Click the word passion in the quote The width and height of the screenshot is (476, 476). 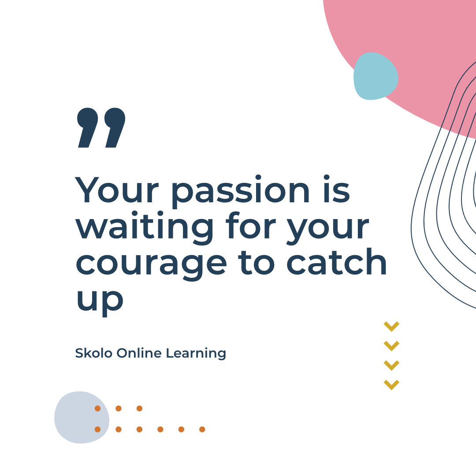pyautogui.click(x=240, y=190)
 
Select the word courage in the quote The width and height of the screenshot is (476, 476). pyautogui.click(x=151, y=263)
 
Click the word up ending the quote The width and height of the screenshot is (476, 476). pyautogui.click(x=100, y=300)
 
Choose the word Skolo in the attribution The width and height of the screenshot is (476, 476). pyautogui.click(x=94, y=353)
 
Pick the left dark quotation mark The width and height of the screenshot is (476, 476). pyautogui.click(x=88, y=127)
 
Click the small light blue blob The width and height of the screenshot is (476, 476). pyautogui.click(x=376, y=76)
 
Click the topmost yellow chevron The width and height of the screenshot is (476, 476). pyautogui.click(x=391, y=326)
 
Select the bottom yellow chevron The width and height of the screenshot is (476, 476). pyautogui.click(x=391, y=384)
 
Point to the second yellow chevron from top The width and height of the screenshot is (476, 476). pyautogui.click(x=391, y=346)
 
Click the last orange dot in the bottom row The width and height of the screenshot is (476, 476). pyautogui.click(x=202, y=429)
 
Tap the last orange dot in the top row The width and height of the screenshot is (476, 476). pyautogui.click(x=139, y=409)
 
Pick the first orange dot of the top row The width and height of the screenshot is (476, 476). pyautogui.click(x=97, y=409)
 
